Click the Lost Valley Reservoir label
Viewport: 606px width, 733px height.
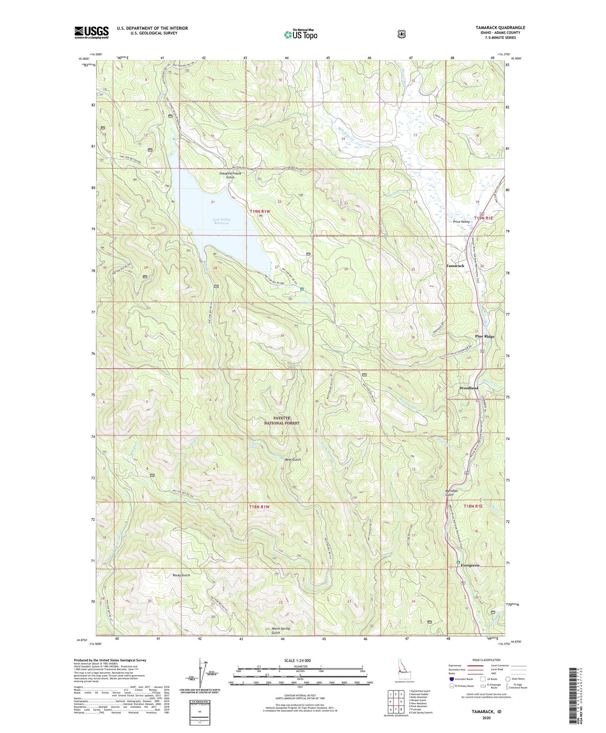tap(221, 221)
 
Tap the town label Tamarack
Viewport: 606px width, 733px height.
tap(455, 266)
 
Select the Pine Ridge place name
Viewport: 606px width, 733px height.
tap(484, 336)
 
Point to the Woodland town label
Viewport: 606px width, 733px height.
tap(469, 388)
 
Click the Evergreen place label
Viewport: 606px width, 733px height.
tap(470, 565)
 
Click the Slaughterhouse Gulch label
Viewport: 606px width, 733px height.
tap(230, 175)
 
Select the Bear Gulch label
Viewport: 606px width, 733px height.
tap(293, 460)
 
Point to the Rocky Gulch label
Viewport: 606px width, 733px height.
tap(181, 575)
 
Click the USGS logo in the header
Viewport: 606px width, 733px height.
tap(91, 32)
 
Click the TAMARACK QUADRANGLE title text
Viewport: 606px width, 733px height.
tap(500, 28)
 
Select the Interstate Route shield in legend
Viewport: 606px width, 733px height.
tap(452, 679)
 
